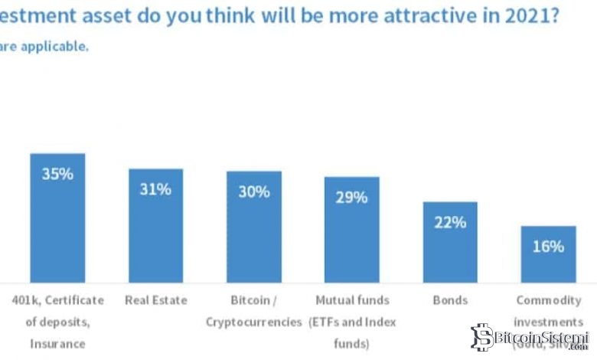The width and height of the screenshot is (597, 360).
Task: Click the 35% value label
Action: (57, 174)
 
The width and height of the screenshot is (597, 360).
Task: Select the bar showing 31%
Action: (155, 230)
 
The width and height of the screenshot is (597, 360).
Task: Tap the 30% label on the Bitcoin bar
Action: (253, 191)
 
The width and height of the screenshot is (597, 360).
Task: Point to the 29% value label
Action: (351, 197)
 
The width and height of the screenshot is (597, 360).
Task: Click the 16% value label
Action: (548, 247)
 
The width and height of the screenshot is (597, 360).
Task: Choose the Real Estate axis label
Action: (155, 300)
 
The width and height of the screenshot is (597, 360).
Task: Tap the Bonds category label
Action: (450, 300)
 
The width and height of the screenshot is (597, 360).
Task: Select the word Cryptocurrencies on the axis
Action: (253, 322)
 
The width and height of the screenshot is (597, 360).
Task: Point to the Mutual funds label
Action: (351, 300)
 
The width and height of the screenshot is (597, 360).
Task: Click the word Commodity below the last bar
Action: (548, 300)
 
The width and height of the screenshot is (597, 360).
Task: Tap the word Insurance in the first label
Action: (57, 344)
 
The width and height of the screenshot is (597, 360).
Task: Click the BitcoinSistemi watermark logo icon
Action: (482, 338)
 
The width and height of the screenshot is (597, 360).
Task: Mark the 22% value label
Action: (450, 222)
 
